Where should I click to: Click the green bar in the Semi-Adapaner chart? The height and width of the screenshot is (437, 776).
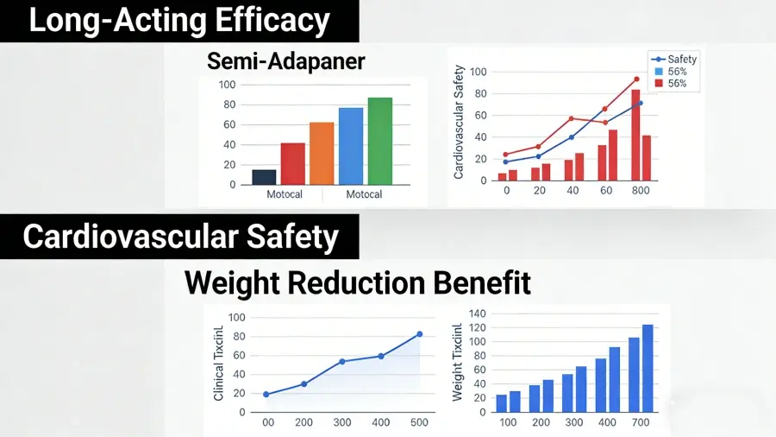coord(379,141)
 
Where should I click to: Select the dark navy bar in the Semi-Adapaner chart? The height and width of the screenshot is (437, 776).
coord(264,177)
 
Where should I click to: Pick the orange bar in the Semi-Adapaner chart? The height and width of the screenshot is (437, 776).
coord(322,154)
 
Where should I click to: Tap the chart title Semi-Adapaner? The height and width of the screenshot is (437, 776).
coord(286,61)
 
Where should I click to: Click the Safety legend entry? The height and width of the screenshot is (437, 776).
coord(682,59)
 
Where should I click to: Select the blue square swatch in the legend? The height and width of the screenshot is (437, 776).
coord(658,72)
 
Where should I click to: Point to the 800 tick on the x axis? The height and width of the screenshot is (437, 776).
coord(640,190)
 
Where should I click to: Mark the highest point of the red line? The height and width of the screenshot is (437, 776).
coord(636,79)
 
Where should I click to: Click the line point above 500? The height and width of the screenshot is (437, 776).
coord(420,334)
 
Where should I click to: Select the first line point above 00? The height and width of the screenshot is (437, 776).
coord(266,395)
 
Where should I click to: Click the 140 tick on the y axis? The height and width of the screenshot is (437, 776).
coord(476,313)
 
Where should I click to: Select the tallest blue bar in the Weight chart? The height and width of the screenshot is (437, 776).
coord(648,369)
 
